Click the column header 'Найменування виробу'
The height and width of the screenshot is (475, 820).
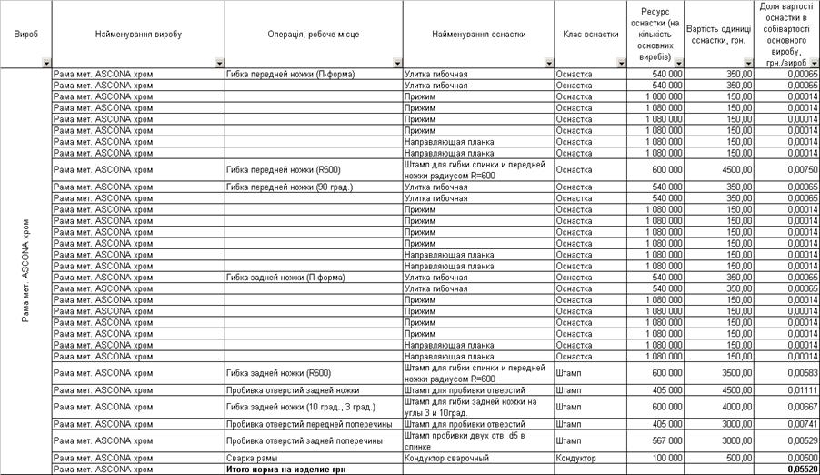pyautogui.click(x=138, y=34)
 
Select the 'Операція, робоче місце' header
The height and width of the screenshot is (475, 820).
pyautogui.click(x=313, y=34)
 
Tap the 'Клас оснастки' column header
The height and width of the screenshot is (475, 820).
pyautogui.click(x=591, y=34)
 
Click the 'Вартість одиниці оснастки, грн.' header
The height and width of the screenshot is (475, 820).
pyautogui.click(x=720, y=34)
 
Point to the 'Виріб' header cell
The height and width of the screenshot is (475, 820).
pyautogui.click(x=26, y=34)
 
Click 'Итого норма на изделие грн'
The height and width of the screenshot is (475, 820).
pyautogui.click(x=278, y=470)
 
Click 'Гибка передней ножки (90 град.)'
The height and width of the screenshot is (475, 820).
pyautogui.click(x=289, y=187)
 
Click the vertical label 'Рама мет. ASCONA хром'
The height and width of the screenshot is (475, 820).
pyautogui.click(x=26, y=269)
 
